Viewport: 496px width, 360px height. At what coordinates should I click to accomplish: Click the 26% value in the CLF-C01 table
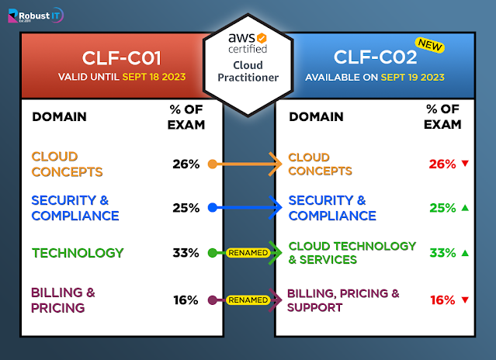[x=186, y=164]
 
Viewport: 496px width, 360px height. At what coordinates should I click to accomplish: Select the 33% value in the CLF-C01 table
[x=186, y=253]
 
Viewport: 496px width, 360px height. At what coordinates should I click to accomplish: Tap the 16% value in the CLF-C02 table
[x=442, y=300]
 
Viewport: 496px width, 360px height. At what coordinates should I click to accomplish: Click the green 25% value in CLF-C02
[x=442, y=208]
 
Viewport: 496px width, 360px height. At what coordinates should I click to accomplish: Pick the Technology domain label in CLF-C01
[x=78, y=253]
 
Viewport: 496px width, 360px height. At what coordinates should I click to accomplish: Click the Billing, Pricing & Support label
[x=343, y=300]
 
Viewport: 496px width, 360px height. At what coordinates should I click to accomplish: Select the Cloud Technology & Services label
[x=352, y=253]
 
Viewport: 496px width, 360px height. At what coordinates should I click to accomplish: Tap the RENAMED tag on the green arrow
[x=248, y=253]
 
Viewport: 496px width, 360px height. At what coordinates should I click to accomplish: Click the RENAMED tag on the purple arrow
[x=248, y=299]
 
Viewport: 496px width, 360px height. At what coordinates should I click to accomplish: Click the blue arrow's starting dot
[x=213, y=208]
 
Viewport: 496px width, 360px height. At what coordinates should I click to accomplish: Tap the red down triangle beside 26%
[x=465, y=164]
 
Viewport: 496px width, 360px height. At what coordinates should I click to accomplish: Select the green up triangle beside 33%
[x=465, y=253]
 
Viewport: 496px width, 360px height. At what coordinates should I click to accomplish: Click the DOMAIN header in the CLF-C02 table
[x=316, y=117]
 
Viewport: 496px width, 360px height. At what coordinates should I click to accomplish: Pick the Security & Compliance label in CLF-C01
[x=75, y=208]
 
